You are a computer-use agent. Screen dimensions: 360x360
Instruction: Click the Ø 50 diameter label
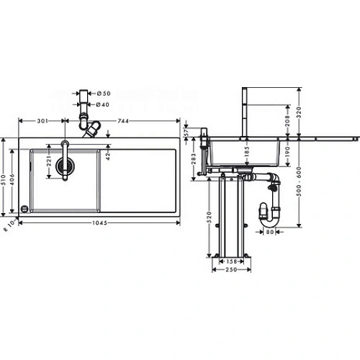point(104,93)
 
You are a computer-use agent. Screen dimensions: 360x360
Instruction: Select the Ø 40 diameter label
point(104,104)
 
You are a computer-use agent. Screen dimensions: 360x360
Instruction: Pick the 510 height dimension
point(6,177)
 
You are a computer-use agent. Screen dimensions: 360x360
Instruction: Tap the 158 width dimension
point(232,261)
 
